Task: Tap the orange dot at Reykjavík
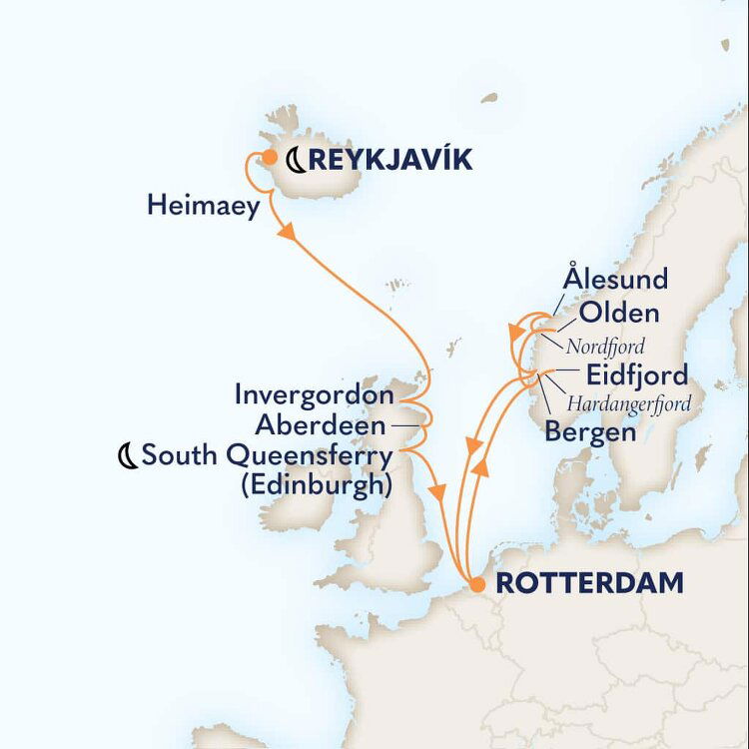[x=268, y=156]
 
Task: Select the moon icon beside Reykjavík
[x=297, y=158]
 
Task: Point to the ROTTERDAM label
[x=590, y=583]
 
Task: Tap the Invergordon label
[x=315, y=395]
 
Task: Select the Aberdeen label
[x=320, y=426]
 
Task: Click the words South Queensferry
[x=267, y=456]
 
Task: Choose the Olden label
[x=619, y=313]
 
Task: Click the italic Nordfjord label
[x=605, y=347]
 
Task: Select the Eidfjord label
[x=637, y=375]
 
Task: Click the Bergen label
[x=590, y=432]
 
